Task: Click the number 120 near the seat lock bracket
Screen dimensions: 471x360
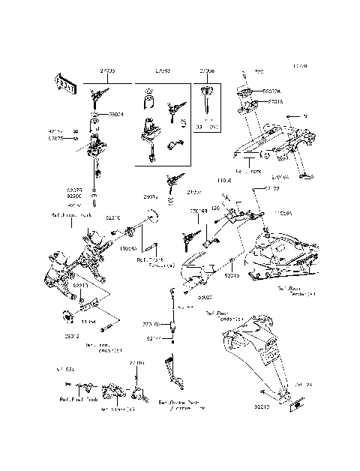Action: point(214,206)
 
